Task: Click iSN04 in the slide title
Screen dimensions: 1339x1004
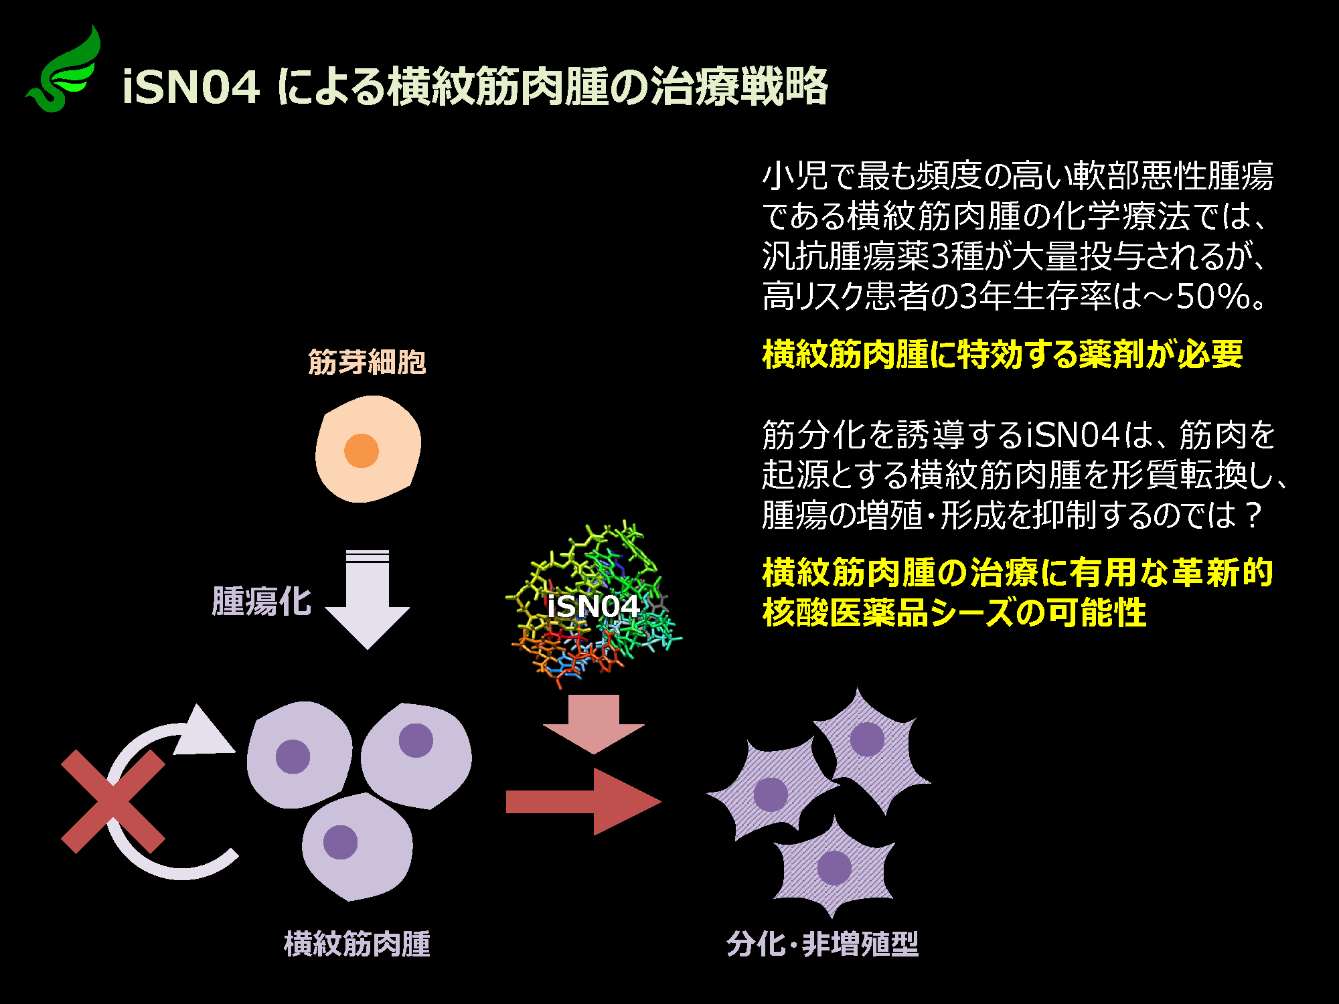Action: (x=191, y=87)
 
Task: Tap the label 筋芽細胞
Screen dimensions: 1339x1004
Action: (x=367, y=362)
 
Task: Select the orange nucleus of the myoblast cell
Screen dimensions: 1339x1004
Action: (x=362, y=450)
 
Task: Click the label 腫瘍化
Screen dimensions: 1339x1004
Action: (x=262, y=600)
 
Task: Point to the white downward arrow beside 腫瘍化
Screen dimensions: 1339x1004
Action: (x=368, y=599)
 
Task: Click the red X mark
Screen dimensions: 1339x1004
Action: (x=113, y=801)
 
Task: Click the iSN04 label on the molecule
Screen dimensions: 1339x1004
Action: (x=593, y=606)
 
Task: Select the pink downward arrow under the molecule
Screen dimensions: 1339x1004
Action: (x=593, y=724)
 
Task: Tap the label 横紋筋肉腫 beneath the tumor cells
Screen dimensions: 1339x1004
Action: (x=358, y=944)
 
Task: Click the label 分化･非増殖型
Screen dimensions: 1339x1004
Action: (x=823, y=944)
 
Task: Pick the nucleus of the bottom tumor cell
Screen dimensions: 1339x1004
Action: (x=340, y=842)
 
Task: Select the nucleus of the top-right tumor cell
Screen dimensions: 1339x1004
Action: (x=416, y=740)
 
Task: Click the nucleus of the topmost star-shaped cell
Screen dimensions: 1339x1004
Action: (x=867, y=739)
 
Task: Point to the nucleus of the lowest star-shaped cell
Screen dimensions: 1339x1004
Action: (x=834, y=868)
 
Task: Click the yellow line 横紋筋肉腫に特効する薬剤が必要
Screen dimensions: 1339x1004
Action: (x=1002, y=353)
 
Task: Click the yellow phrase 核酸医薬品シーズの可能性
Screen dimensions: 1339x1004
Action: (x=955, y=612)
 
